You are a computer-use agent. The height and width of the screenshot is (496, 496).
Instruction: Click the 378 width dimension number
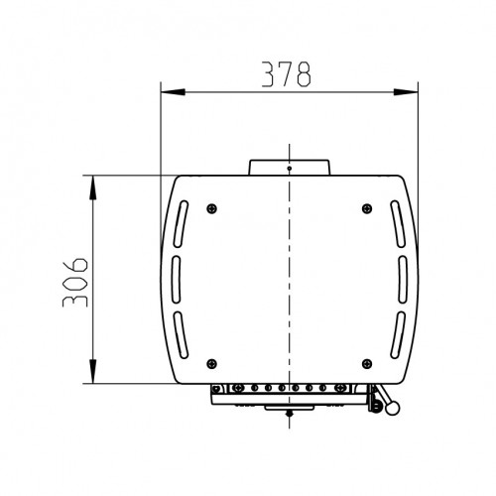tap(287, 74)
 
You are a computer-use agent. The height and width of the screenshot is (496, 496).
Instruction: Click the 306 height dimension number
tap(75, 283)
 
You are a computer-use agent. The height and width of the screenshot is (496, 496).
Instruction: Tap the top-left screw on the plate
tap(211, 208)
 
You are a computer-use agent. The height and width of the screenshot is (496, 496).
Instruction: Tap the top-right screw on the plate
tap(367, 208)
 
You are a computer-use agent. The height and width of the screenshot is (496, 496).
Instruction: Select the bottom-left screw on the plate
tap(211, 364)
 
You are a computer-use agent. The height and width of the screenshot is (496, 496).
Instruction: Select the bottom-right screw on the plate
tap(367, 364)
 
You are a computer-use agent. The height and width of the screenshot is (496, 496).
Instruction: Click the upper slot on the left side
tap(181, 224)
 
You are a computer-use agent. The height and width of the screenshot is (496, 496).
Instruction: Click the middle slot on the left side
tap(176, 280)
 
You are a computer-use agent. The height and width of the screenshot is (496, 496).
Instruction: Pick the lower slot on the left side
tap(181, 335)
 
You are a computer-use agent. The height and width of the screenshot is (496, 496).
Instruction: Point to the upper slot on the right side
tap(398, 224)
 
